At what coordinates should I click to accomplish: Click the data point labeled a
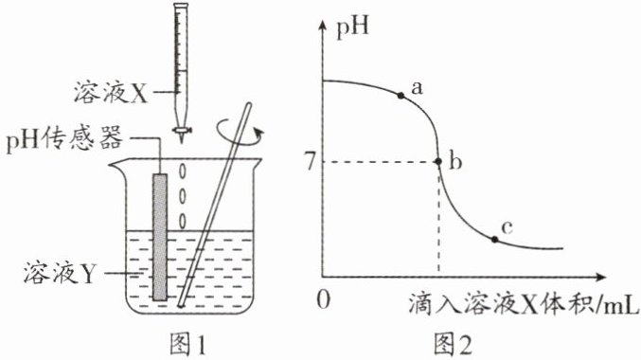click(x=401, y=96)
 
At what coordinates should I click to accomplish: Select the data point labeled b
click(x=438, y=162)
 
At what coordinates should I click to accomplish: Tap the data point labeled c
click(x=494, y=240)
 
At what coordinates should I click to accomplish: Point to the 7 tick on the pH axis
click(x=312, y=162)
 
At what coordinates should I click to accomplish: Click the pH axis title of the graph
click(x=352, y=27)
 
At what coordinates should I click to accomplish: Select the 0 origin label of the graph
click(x=324, y=300)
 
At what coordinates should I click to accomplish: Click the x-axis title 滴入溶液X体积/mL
click(x=523, y=303)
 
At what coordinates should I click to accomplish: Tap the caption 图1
click(x=187, y=344)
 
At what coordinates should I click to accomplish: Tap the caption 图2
click(x=453, y=344)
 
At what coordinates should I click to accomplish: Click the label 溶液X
click(x=111, y=92)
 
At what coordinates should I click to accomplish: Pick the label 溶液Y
click(x=59, y=272)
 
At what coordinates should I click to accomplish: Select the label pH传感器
click(x=64, y=138)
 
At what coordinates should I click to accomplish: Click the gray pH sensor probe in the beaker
click(x=160, y=237)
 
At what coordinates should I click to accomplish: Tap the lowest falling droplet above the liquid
click(x=183, y=222)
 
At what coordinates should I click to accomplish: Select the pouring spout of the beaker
click(x=116, y=167)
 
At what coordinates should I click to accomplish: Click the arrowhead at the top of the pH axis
click(x=323, y=26)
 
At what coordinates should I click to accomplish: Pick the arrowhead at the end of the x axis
click(x=600, y=277)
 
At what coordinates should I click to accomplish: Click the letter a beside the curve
click(x=417, y=87)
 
